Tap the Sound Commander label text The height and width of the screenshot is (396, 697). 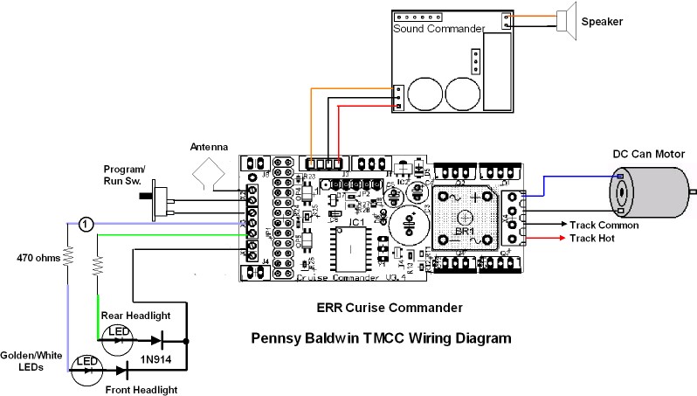438,29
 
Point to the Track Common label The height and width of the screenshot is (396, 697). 604,225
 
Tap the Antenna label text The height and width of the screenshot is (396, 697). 209,147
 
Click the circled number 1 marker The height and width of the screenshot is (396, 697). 85,224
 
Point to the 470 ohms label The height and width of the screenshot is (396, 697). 38,258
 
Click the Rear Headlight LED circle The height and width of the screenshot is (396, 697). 115,336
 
